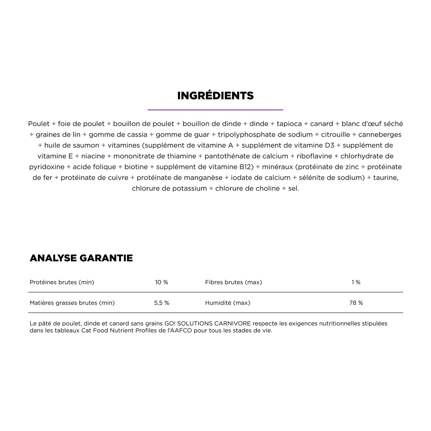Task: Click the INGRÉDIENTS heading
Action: (215, 96)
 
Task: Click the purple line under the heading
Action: (215, 110)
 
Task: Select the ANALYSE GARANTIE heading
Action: (81, 258)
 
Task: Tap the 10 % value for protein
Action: (161, 282)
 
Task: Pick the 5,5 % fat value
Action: (161, 303)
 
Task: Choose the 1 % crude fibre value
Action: (356, 282)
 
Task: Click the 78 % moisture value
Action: (356, 303)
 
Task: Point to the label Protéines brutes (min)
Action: (62, 282)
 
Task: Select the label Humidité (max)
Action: (228, 303)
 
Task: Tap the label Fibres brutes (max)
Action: (234, 282)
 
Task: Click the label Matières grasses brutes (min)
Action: (72, 303)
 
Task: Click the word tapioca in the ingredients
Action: (289, 124)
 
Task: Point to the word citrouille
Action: (336, 134)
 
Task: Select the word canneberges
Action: (380, 134)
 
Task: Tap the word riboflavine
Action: (314, 156)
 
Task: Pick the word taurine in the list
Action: (386, 178)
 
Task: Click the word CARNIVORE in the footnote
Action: (232, 324)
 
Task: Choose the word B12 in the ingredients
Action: (247, 167)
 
